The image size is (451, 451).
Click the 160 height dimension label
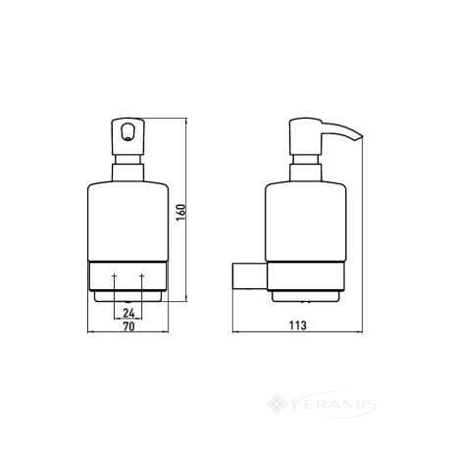[x=181, y=213]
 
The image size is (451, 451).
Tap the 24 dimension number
[x=128, y=313]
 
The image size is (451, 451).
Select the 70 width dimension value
[x=128, y=326]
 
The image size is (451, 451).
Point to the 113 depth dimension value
[x=298, y=326]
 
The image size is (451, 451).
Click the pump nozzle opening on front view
[x=127, y=130]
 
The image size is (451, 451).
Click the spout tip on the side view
[x=361, y=136]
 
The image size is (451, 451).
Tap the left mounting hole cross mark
[x=114, y=276]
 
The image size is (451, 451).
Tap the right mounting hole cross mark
[x=141, y=276]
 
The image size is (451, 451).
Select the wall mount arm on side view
[x=249, y=276]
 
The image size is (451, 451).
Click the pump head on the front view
[x=128, y=136]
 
